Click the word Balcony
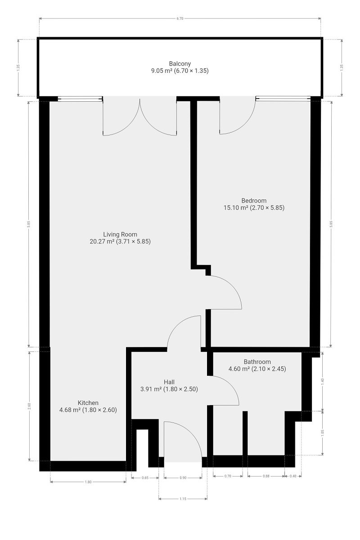coord(180,63)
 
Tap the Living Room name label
coord(120,234)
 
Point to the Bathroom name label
coord(257,362)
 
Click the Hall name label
coord(169,382)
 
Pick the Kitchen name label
coord(88,403)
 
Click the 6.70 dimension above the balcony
coord(180,18)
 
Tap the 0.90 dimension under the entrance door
coord(183,477)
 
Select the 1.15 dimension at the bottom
coord(183,499)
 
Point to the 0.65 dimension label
coord(145,477)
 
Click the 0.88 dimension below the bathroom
coord(266,476)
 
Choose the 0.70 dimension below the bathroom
coord(228,476)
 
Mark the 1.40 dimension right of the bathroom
coord(323,382)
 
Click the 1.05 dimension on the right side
coord(323,433)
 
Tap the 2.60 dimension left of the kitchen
coord(29,406)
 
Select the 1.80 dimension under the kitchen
coord(88,482)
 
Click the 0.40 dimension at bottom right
coord(293,476)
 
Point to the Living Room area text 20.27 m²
coord(102,241)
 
